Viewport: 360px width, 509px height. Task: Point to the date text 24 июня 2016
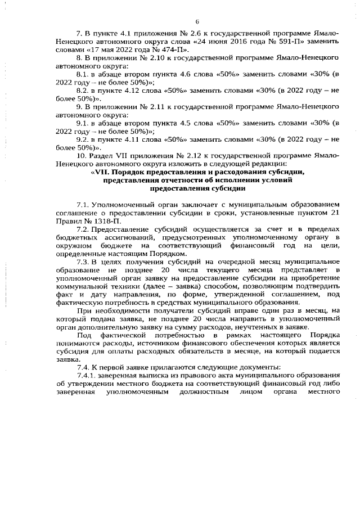click(x=222, y=42)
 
